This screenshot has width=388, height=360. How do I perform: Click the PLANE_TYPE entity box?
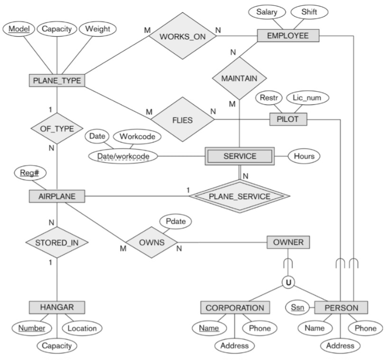(57, 81)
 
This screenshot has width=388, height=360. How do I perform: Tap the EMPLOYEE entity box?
(288, 36)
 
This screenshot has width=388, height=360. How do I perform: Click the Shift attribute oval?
(309, 11)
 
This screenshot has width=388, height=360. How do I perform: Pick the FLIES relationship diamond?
(183, 120)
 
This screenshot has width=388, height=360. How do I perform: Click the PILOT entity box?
(288, 120)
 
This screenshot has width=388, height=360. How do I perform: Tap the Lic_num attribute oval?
(308, 98)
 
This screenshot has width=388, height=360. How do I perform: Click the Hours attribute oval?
(304, 156)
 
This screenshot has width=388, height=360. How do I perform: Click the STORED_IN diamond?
(57, 243)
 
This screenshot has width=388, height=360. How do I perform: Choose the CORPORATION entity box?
(235, 307)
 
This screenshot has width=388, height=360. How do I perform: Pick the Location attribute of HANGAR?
(82, 328)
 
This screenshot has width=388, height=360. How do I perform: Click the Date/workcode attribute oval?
(122, 156)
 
